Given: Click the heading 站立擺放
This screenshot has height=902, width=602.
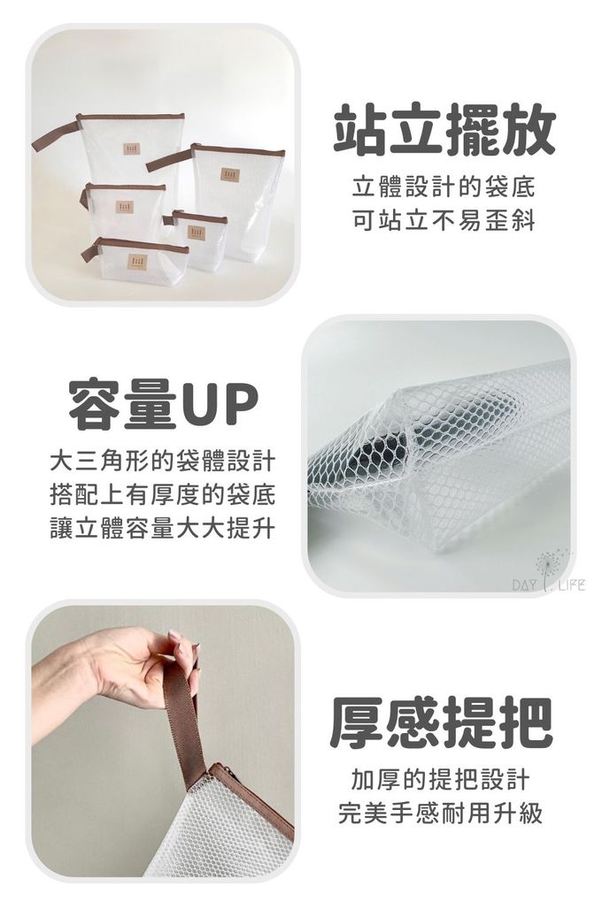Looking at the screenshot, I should (x=444, y=131).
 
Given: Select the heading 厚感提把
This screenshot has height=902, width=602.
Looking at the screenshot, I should (x=441, y=722).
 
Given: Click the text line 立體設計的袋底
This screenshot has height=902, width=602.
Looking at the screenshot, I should (x=444, y=188).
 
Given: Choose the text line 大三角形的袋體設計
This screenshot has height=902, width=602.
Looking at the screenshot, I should (x=163, y=462).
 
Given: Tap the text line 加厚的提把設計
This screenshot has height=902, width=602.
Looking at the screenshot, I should (x=440, y=780).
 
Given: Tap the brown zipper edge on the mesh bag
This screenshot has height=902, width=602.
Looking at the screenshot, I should (x=257, y=799).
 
